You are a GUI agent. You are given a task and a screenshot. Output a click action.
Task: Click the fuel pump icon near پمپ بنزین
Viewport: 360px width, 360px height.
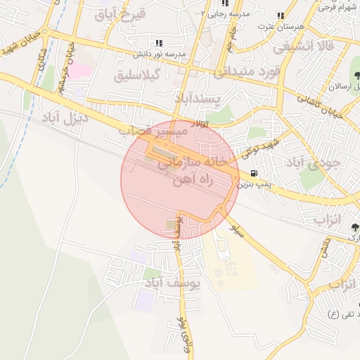[253, 173]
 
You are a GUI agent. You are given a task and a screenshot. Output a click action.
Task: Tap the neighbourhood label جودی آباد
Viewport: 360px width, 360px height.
[314, 164]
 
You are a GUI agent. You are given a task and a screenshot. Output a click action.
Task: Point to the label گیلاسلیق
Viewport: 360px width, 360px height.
[139, 74]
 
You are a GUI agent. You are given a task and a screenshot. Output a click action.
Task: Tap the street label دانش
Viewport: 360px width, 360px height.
[324, 249]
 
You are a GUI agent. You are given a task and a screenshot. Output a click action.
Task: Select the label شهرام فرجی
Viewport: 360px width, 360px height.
[337, 7]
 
